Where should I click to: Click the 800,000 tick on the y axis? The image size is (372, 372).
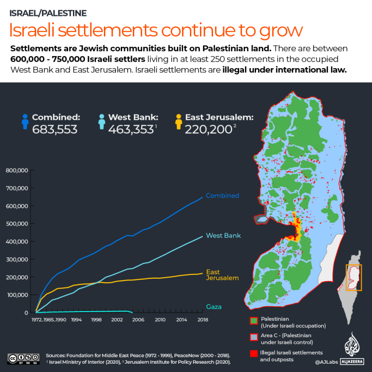[x=18, y=170]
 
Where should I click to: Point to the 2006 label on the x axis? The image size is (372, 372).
[x=138, y=320]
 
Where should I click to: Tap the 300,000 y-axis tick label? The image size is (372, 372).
[x=18, y=259]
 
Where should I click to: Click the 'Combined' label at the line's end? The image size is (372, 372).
[x=222, y=196]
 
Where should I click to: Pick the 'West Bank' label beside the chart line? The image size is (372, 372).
[x=223, y=236]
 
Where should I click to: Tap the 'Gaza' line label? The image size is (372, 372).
[x=215, y=307]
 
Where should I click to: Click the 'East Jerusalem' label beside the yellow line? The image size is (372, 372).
[x=222, y=275]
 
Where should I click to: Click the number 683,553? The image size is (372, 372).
[x=55, y=129]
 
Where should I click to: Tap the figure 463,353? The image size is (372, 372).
[x=131, y=129]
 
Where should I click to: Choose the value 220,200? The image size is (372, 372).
[x=207, y=129]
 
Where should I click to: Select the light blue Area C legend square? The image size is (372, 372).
[x=254, y=337]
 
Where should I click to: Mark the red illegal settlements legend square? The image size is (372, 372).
[x=254, y=353]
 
